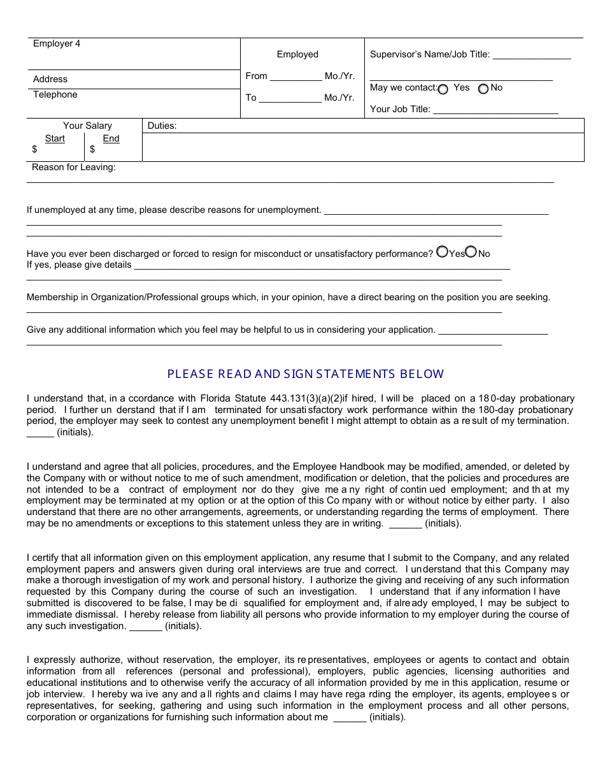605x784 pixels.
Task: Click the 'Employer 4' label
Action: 57,44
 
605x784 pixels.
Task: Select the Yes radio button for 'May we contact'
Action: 443,89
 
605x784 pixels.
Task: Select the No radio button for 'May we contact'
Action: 483,89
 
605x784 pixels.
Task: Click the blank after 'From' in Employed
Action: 295,77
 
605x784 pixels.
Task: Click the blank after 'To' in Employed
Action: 290,99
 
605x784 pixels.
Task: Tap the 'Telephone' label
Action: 55,95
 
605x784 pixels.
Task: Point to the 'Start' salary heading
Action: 55,139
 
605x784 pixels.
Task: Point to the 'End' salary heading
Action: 111,139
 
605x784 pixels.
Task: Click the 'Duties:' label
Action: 162,126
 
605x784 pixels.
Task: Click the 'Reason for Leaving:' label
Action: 74,168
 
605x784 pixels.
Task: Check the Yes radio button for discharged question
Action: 443,252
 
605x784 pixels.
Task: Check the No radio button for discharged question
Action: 471,252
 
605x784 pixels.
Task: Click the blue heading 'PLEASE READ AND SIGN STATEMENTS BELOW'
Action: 306,374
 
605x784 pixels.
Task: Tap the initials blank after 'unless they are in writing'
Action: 405,525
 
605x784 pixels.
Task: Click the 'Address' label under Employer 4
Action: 50,80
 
